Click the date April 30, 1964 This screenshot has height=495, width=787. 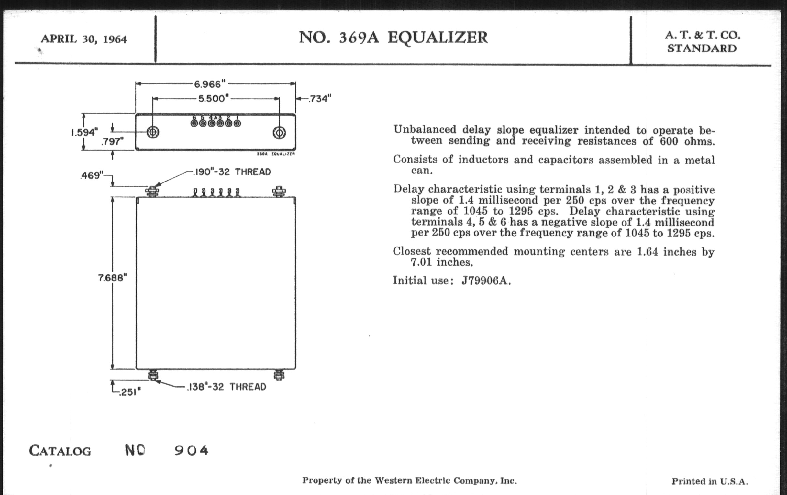pyautogui.click(x=84, y=39)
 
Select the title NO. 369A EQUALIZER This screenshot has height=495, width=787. pyautogui.click(x=393, y=37)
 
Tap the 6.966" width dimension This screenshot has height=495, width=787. pyautogui.click(x=209, y=84)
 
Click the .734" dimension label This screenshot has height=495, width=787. pyautogui.click(x=320, y=98)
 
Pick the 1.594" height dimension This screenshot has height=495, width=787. pyautogui.click(x=85, y=132)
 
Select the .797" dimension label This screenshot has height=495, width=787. pyautogui.click(x=112, y=142)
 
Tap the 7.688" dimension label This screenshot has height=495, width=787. pyautogui.click(x=112, y=278)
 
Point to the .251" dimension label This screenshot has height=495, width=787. pyautogui.click(x=130, y=392)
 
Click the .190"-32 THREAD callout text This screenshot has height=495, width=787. pyautogui.click(x=232, y=172)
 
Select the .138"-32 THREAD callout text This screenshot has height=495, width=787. pyautogui.click(x=227, y=387)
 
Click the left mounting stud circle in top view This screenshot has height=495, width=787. pyautogui.click(x=153, y=132)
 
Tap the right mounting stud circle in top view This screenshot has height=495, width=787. pyautogui.click(x=279, y=133)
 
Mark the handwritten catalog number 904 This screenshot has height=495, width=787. pyautogui.click(x=191, y=451)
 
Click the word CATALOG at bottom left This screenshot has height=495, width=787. pyautogui.click(x=60, y=451)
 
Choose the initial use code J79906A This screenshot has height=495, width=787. pyautogui.click(x=486, y=281)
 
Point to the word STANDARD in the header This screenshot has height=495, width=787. pyautogui.click(x=702, y=49)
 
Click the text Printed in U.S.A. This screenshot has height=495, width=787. pyautogui.click(x=710, y=481)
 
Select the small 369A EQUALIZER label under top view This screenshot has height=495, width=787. pyautogui.click(x=276, y=154)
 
